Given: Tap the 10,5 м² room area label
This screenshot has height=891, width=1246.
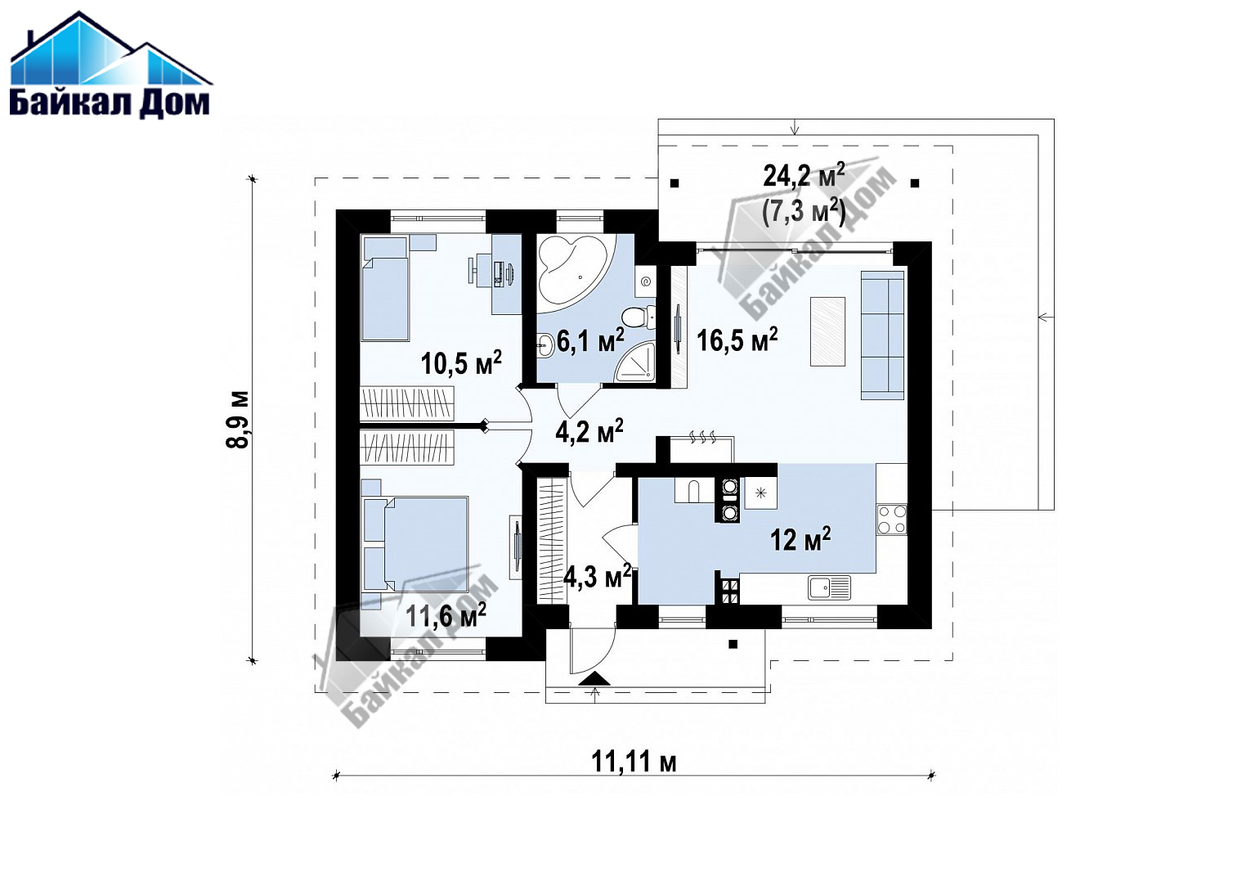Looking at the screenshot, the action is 461,362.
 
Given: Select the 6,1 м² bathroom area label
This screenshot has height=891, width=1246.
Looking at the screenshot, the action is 589,340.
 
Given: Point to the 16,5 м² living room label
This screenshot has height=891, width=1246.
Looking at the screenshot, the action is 737,339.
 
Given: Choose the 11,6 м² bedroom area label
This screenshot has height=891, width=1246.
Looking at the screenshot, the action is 446,615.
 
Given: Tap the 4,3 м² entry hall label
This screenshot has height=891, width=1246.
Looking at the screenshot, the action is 597,576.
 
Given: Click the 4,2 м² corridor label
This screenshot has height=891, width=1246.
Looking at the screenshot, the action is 589,431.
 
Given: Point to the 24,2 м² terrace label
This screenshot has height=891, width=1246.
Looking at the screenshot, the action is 803,175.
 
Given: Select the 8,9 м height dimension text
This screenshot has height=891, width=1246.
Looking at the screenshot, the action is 238,420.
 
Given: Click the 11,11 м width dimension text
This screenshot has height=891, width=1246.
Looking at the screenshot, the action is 634,761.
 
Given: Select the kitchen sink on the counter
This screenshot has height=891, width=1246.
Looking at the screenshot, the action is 829,587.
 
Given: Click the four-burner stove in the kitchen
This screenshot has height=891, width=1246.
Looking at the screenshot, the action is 892,520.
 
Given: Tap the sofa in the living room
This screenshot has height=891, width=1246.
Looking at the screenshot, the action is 882,335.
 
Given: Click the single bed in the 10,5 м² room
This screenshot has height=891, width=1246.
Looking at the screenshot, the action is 385,288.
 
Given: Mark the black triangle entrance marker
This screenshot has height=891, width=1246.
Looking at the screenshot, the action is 594,678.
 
